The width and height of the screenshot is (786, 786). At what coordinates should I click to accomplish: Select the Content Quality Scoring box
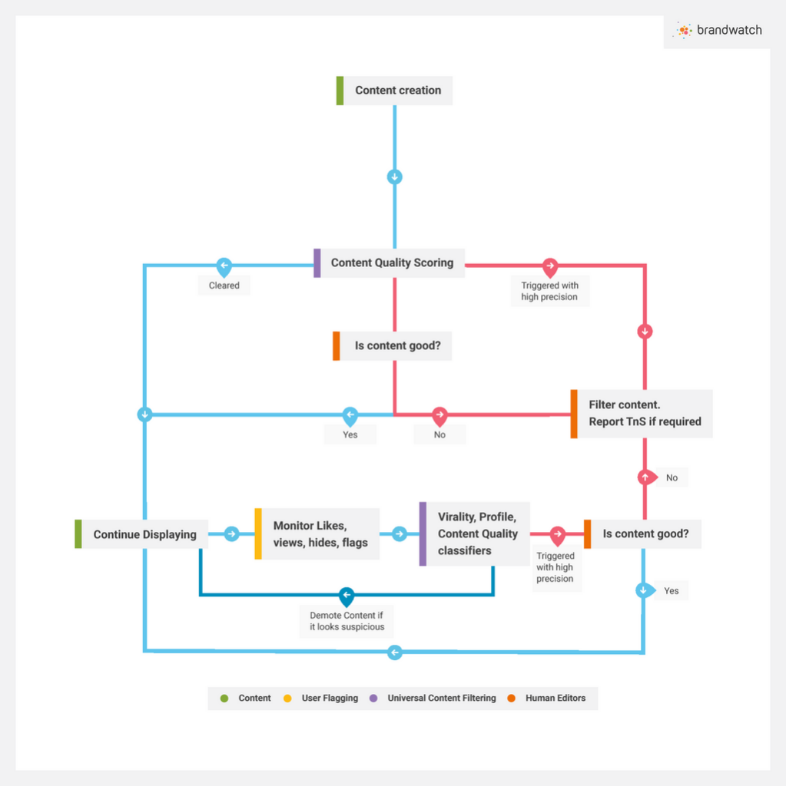coord(391,263)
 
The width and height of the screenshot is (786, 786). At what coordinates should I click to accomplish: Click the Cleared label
coord(224,286)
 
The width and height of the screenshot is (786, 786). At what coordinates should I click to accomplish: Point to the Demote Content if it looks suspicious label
coord(347,621)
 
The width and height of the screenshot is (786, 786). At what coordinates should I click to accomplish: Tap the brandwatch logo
coord(718,31)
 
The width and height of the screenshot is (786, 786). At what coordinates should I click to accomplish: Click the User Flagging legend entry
coord(329,698)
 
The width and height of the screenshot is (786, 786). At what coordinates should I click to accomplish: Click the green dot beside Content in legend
coord(224,698)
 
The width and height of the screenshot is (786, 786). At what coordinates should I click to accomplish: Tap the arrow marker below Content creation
coord(395,177)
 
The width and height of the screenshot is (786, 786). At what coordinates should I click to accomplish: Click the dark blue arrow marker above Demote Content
coord(347,595)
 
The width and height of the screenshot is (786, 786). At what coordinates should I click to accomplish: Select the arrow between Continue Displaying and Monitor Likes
coord(232,534)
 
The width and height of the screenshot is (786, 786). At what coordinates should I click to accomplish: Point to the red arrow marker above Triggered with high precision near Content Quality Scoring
coord(550,266)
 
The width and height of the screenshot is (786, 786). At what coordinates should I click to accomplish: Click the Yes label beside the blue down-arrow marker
coord(671,591)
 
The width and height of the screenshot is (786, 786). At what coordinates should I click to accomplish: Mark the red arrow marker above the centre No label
coord(439,415)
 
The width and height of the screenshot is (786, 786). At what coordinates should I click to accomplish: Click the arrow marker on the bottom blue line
coord(395,652)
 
